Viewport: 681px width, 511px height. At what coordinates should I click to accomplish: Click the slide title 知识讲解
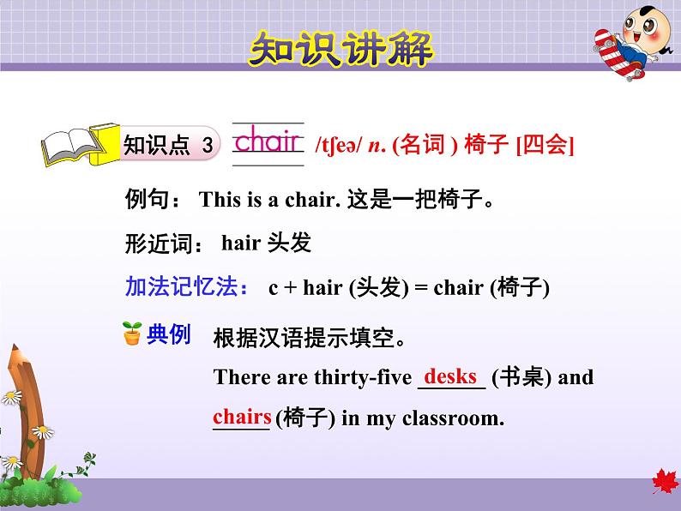(340, 49)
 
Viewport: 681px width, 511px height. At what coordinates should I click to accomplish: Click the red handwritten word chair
(268, 141)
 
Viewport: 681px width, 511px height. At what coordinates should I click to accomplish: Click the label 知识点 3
(168, 145)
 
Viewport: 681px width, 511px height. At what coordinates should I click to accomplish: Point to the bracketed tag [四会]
(545, 146)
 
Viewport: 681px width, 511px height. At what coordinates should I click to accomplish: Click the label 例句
(152, 201)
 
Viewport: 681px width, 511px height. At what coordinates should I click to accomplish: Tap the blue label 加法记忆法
(188, 287)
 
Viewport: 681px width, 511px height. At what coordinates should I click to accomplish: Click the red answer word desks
(450, 376)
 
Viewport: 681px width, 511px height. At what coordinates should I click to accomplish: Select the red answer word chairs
(242, 418)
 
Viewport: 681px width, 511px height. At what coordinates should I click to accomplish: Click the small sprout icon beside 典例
(132, 334)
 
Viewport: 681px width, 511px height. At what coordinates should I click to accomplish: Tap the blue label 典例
(168, 334)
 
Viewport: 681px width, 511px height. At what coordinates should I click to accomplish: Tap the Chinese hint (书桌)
(521, 377)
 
